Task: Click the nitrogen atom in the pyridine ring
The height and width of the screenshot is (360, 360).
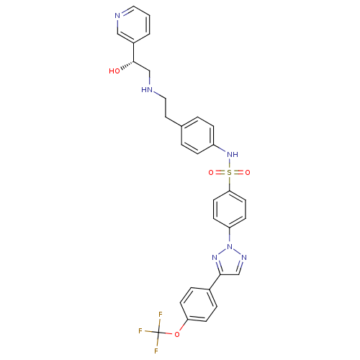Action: (117, 16)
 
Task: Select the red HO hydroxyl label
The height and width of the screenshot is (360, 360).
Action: (114, 71)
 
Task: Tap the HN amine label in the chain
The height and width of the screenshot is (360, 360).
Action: (147, 90)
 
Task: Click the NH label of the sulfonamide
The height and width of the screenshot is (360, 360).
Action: (233, 154)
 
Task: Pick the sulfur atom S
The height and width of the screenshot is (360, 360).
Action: (230, 172)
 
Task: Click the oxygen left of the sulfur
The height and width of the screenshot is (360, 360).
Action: (211, 173)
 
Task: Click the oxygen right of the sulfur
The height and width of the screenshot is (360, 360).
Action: (248, 173)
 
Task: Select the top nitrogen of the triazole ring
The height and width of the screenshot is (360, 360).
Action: (230, 246)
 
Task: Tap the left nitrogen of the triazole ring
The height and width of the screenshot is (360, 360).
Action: (215, 258)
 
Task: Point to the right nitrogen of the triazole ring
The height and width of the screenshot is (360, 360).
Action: (244, 258)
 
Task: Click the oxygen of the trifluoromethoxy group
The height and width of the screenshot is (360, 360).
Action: (177, 334)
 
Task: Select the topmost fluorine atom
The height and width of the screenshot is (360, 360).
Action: (161, 314)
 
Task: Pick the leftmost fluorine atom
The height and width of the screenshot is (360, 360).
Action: (140, 331)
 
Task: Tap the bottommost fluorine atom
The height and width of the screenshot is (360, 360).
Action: (156, 351)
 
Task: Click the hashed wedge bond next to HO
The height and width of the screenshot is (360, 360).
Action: (127, 66)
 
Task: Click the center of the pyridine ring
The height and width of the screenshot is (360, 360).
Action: (133, 24)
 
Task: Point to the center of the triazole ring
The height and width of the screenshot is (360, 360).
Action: (230, 262)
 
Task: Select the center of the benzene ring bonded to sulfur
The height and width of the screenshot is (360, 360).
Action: (230, 209)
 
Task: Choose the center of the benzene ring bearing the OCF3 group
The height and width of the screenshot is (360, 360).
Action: (199, 305)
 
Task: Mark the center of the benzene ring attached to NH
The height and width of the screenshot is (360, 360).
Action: (197, 135)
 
